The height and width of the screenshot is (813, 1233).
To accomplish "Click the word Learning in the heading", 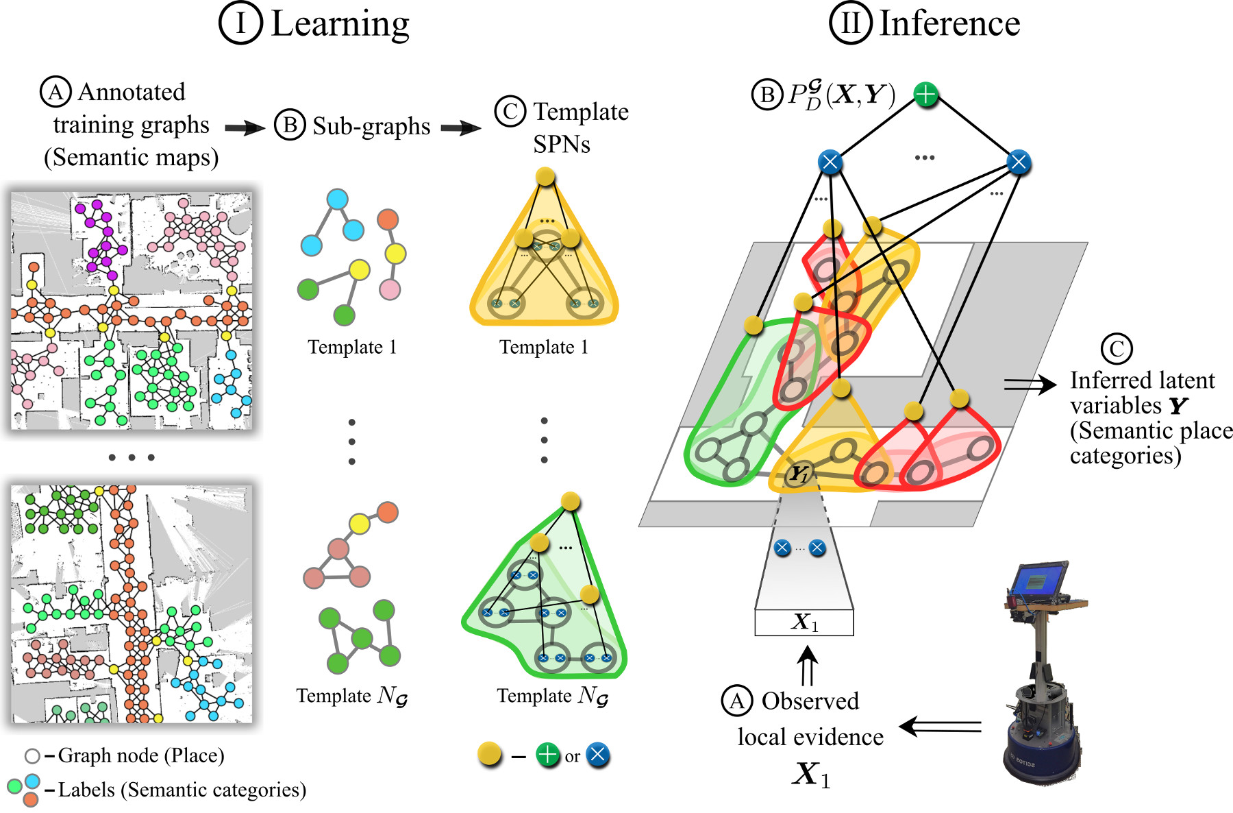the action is (x=340, y=25).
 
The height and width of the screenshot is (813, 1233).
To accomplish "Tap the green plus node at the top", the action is (x=925, y=95).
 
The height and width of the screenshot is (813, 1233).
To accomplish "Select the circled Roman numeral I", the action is (x=240, y=23).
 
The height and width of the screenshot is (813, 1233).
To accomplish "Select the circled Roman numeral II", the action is (x=851, y=23).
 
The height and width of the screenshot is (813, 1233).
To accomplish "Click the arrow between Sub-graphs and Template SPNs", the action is (x=461, y=128).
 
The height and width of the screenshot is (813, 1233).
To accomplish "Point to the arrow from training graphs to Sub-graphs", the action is (x=245, y=128).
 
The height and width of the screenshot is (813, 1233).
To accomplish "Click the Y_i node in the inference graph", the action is (x=799, y=474).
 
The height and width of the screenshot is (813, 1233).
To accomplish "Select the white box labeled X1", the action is (x=804, y=622).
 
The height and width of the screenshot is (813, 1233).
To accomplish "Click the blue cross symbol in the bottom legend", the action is (x=598, y=755).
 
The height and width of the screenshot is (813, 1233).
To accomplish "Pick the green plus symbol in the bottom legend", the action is (x=547, y=755).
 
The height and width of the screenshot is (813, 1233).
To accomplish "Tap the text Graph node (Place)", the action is (x=141, y=755).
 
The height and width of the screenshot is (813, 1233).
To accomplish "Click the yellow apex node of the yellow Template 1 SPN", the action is (x=545, y=177).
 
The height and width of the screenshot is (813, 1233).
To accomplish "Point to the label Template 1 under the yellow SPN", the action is (x=544, y=347).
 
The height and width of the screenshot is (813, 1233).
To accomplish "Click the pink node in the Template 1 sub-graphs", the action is (x=390, y=289).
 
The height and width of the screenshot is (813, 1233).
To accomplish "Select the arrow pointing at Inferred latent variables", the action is (x=1030, y=385).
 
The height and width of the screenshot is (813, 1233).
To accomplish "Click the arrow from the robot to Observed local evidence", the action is (x=940, y=727).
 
